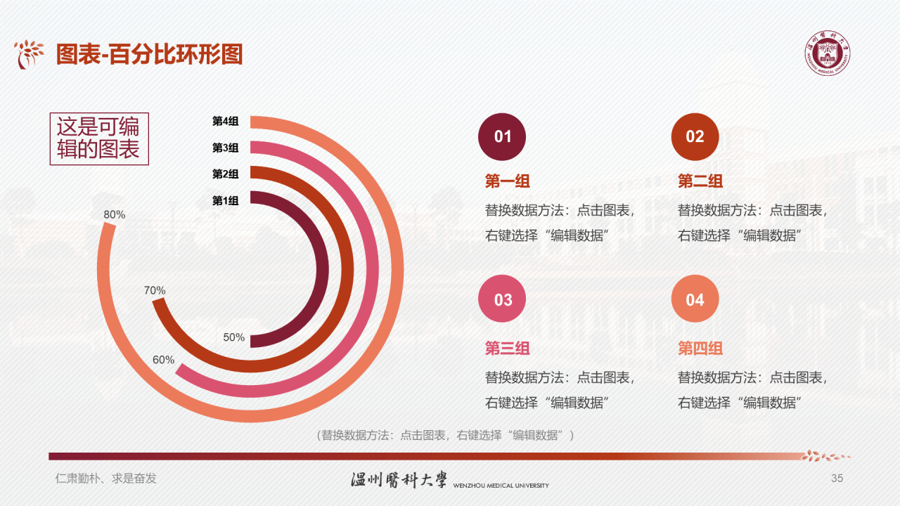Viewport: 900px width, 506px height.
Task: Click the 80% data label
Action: [x=114, y=214]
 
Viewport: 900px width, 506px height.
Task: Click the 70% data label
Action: [x=155, y=290]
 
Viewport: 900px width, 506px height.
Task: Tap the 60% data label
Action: [x=163, y=360]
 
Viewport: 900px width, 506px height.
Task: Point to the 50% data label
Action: [x=234, y=337]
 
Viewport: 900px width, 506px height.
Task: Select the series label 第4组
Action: [x=226, y=121]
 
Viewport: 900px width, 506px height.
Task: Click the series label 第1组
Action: [x=226, y=200]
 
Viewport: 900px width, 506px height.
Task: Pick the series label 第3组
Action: [x=226, y=148]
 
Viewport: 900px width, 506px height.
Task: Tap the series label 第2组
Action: [x=226, y=174]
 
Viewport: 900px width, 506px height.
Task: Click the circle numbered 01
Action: [x=502, y=136]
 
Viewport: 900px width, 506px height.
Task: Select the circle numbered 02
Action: [x=695, y=136]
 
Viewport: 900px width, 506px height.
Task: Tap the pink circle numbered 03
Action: [x=502, y=299]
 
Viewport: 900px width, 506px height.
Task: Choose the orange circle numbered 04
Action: [x=695, y=299]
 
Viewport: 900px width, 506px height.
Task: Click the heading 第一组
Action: [x=508, y=181]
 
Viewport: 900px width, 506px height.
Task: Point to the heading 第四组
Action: [x=700, y=348]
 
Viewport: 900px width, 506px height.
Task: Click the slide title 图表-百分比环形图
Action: [x=149, y=54]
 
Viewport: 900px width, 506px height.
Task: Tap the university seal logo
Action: [x=828, y=53]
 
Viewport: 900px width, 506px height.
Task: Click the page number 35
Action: [x=837, y=479]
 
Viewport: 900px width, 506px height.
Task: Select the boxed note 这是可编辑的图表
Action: [x=98, y=138]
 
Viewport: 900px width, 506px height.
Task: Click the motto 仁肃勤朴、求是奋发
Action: [x=105, y=479]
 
